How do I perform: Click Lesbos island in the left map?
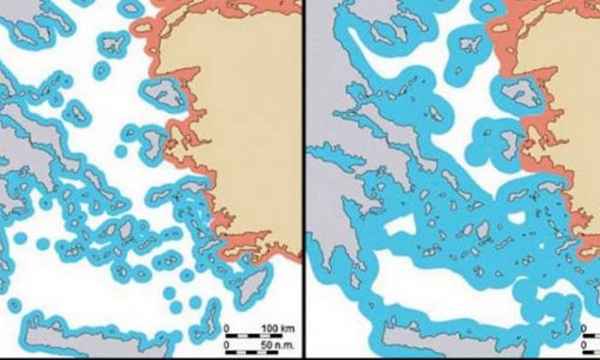coord(163,92)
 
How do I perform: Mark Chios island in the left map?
coord(153,143)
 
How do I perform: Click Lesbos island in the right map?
coord(519,92)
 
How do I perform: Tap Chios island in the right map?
coord(509,143)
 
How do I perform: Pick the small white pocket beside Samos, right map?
coord(517,218)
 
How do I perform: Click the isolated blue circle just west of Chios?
coord(121,151)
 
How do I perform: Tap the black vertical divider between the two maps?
coord(304,176)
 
